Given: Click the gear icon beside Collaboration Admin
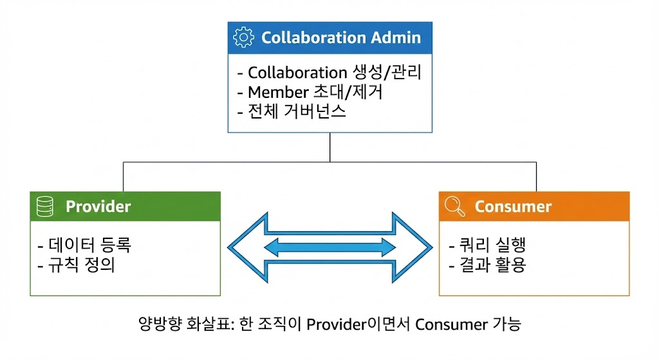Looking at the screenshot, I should (243, 38).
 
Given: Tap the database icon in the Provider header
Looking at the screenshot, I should (45, 206).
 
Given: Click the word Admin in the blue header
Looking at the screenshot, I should (396, 37).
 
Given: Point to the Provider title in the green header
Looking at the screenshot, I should (98, 207).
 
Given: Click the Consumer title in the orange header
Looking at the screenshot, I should (513, 207).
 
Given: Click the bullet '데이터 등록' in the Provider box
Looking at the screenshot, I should (85, 245).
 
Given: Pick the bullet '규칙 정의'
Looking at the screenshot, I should (77, 265).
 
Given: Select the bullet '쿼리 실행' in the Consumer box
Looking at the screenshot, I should (487, 245).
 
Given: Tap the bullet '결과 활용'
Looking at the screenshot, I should (487, 265).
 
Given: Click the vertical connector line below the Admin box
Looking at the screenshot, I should (329, 147).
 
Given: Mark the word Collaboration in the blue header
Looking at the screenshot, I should (305, 37).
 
